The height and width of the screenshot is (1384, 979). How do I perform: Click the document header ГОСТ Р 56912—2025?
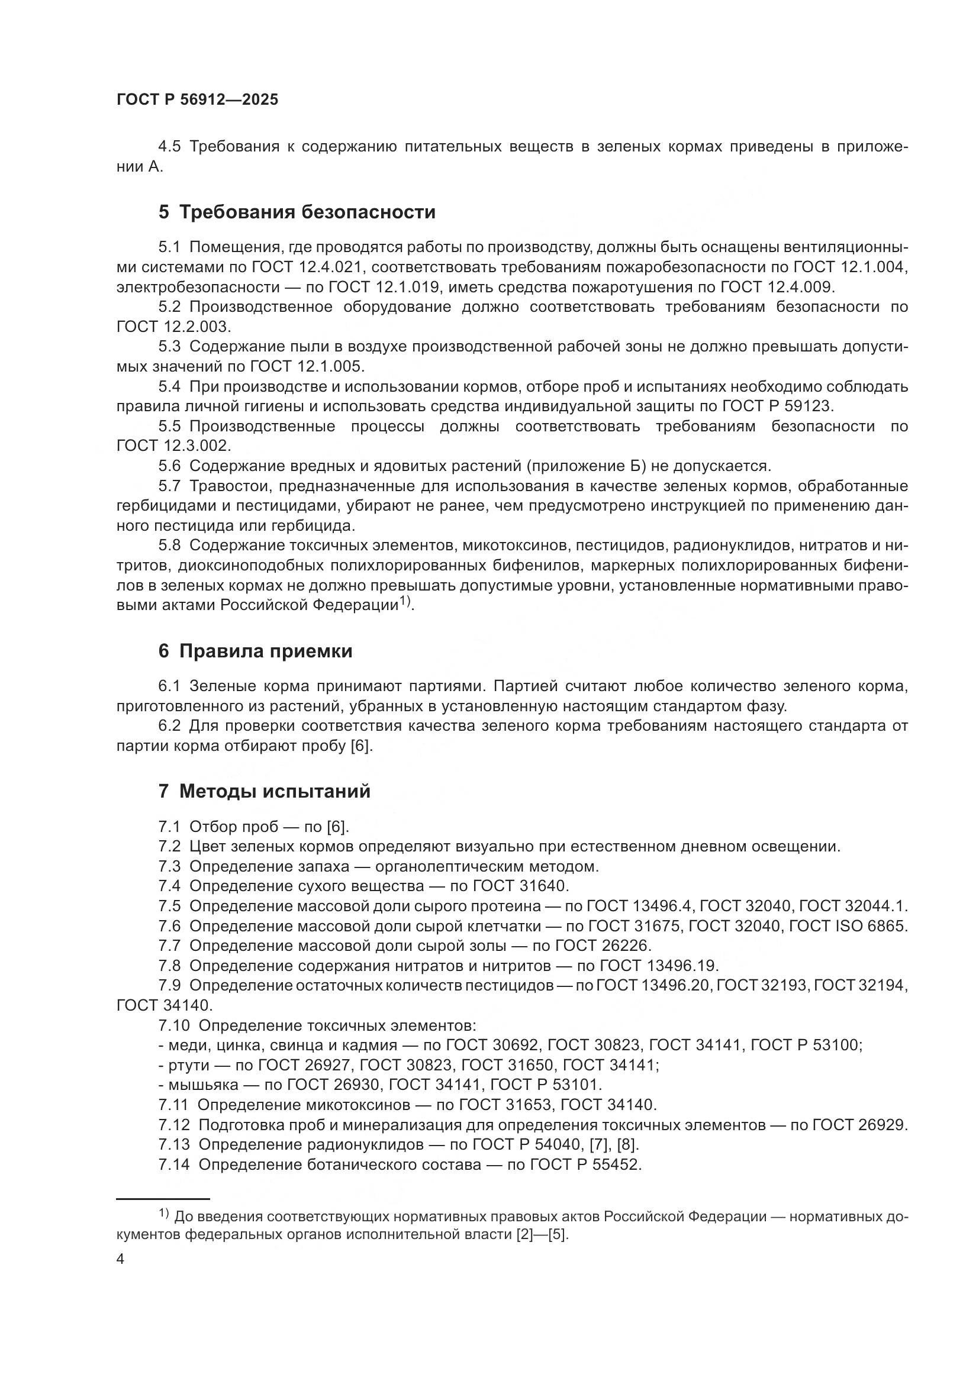[197, 100]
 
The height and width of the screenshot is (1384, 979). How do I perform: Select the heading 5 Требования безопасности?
[297, 212]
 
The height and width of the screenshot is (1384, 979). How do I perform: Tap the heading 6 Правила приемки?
[255, 651]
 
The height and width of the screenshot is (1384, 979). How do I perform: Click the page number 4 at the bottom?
[121, 1260]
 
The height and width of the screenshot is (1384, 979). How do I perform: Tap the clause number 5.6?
[169, 466]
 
